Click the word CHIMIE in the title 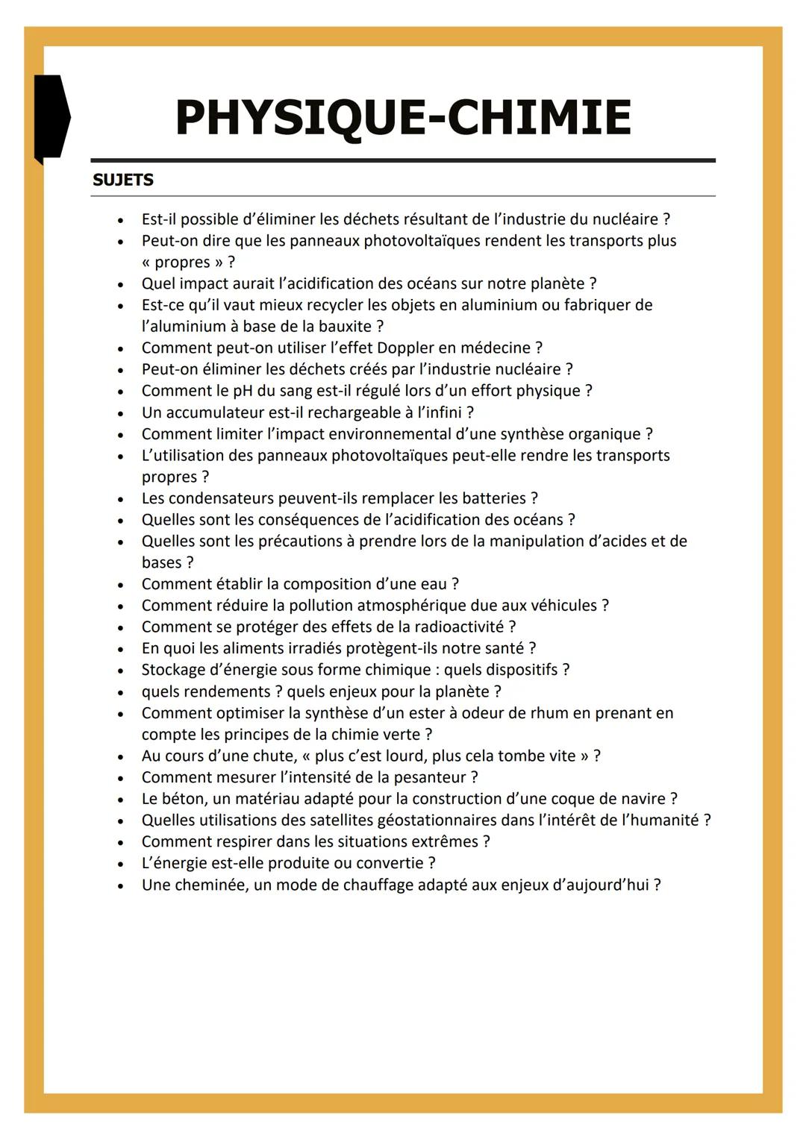coord(538,118)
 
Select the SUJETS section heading coord(123,180)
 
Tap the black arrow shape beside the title coord(51,117)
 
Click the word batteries coord(494,498)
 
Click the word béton coord(183,799)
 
